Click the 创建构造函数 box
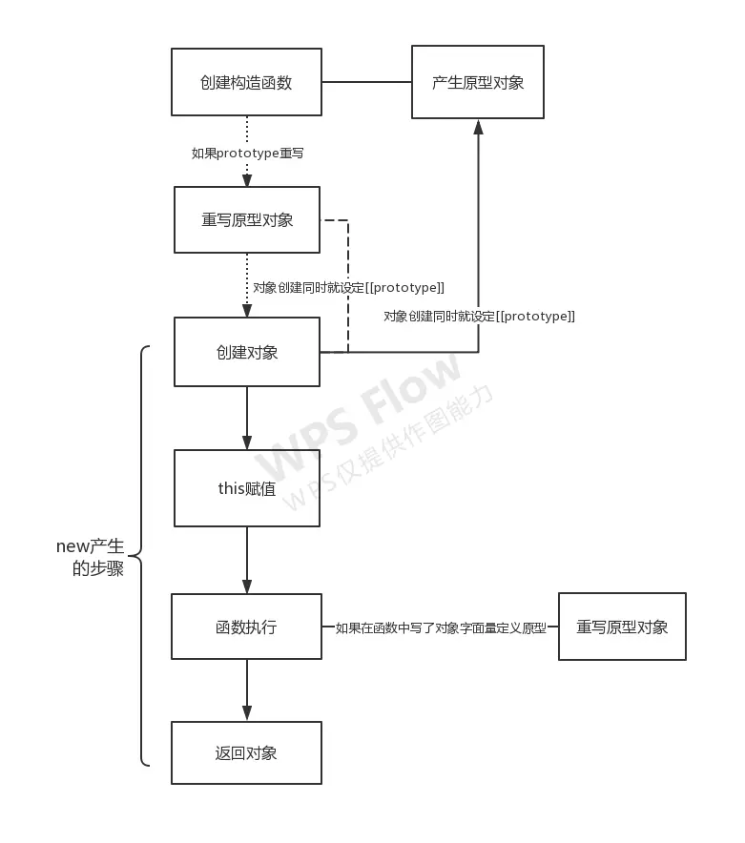pyautogui.click(x=246, y=83)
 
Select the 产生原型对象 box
pyautogui.click(x=478, y=82)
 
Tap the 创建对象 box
pyautogui.click(x=247, y=352)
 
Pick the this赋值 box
pyautogui.click(x=247, y=488)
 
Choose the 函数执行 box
pyautogui.click(x=247, y=627)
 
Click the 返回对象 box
pyautogui.click(x=247, y=752)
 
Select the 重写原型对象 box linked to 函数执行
pyautogui.click(x=622, y=627)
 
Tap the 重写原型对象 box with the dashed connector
pyautogui.click(x=247, y=220)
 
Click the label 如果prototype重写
pyautogui.click(x=247, y=153)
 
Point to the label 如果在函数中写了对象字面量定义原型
pyautogui.click(x=440, y=627)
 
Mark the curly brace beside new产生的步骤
pyautogui.click(x=139, y=555)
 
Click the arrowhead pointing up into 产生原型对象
pyautogui.click(x=478, y=127)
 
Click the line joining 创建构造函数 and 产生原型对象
pyautogui.click(x=366, y=83)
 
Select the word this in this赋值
pyautogui.click(x=233, y=488)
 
